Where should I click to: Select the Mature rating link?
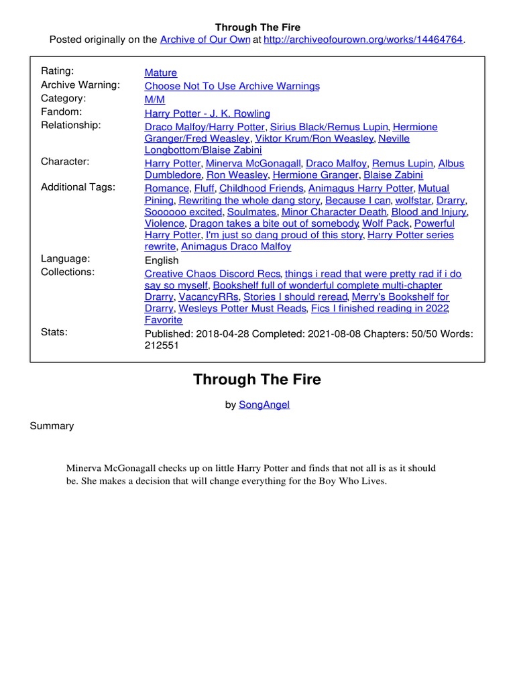161,73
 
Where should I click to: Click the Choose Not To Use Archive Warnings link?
232,87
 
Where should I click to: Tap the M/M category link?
155,100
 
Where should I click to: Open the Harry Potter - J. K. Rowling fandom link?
207,113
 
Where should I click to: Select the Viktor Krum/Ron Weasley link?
314,139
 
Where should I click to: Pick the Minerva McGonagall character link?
253,164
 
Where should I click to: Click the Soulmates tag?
251,212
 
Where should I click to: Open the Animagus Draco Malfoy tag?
236,247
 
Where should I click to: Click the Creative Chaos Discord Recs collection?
213,274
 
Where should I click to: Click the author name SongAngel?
264,405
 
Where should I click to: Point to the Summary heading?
52,426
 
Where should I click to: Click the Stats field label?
54,332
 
